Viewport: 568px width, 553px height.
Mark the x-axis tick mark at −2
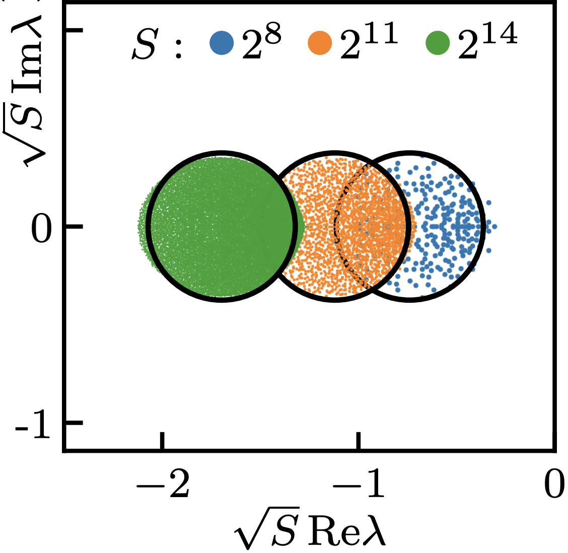[163, 441]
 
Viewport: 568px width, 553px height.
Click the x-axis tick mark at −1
[359, 441]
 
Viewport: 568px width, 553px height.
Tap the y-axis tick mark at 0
[74, 227]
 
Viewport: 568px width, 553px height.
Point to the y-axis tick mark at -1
[74, 422]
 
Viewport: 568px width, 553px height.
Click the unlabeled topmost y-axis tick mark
[74, 31]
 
